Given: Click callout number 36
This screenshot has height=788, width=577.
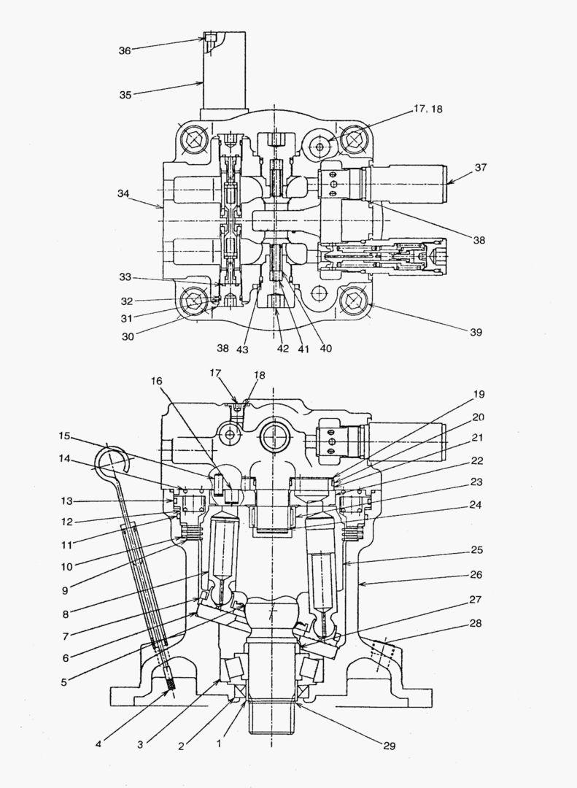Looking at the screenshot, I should point(125,50).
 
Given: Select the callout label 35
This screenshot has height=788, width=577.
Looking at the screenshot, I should point(125,94).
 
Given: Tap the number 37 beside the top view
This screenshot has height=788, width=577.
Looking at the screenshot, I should point(480,167).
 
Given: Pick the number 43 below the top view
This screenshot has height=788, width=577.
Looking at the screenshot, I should point(242,349).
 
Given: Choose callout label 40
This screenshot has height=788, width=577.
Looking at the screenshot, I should point(325,348).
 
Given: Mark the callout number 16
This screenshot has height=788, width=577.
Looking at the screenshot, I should point(158,380).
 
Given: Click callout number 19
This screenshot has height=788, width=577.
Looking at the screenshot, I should point(479,394).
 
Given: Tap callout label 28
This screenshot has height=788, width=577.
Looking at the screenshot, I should point(476,623).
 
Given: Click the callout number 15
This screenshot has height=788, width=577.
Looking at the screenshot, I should point(65,436).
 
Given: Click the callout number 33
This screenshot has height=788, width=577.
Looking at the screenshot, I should point(125,277).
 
